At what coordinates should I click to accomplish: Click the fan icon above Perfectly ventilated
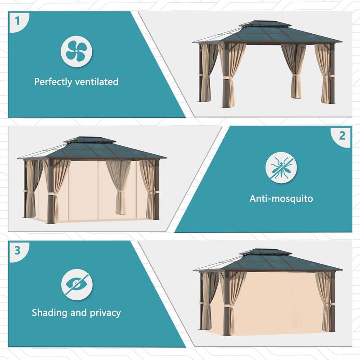click(73, 51)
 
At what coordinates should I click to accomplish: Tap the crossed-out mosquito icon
click(281, 167)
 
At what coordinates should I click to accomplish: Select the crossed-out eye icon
click(77, 284)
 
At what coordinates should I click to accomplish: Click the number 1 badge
click(18, 21)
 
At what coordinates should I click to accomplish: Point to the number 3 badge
click(18, 250)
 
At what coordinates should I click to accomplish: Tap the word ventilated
click(97, 82)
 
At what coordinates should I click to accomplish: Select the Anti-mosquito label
click(281, 198)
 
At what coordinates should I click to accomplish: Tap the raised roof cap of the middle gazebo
click(90, 140)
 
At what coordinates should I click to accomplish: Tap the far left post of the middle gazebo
click(26, 189)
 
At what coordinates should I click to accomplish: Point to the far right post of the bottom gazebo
click(333, 301)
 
